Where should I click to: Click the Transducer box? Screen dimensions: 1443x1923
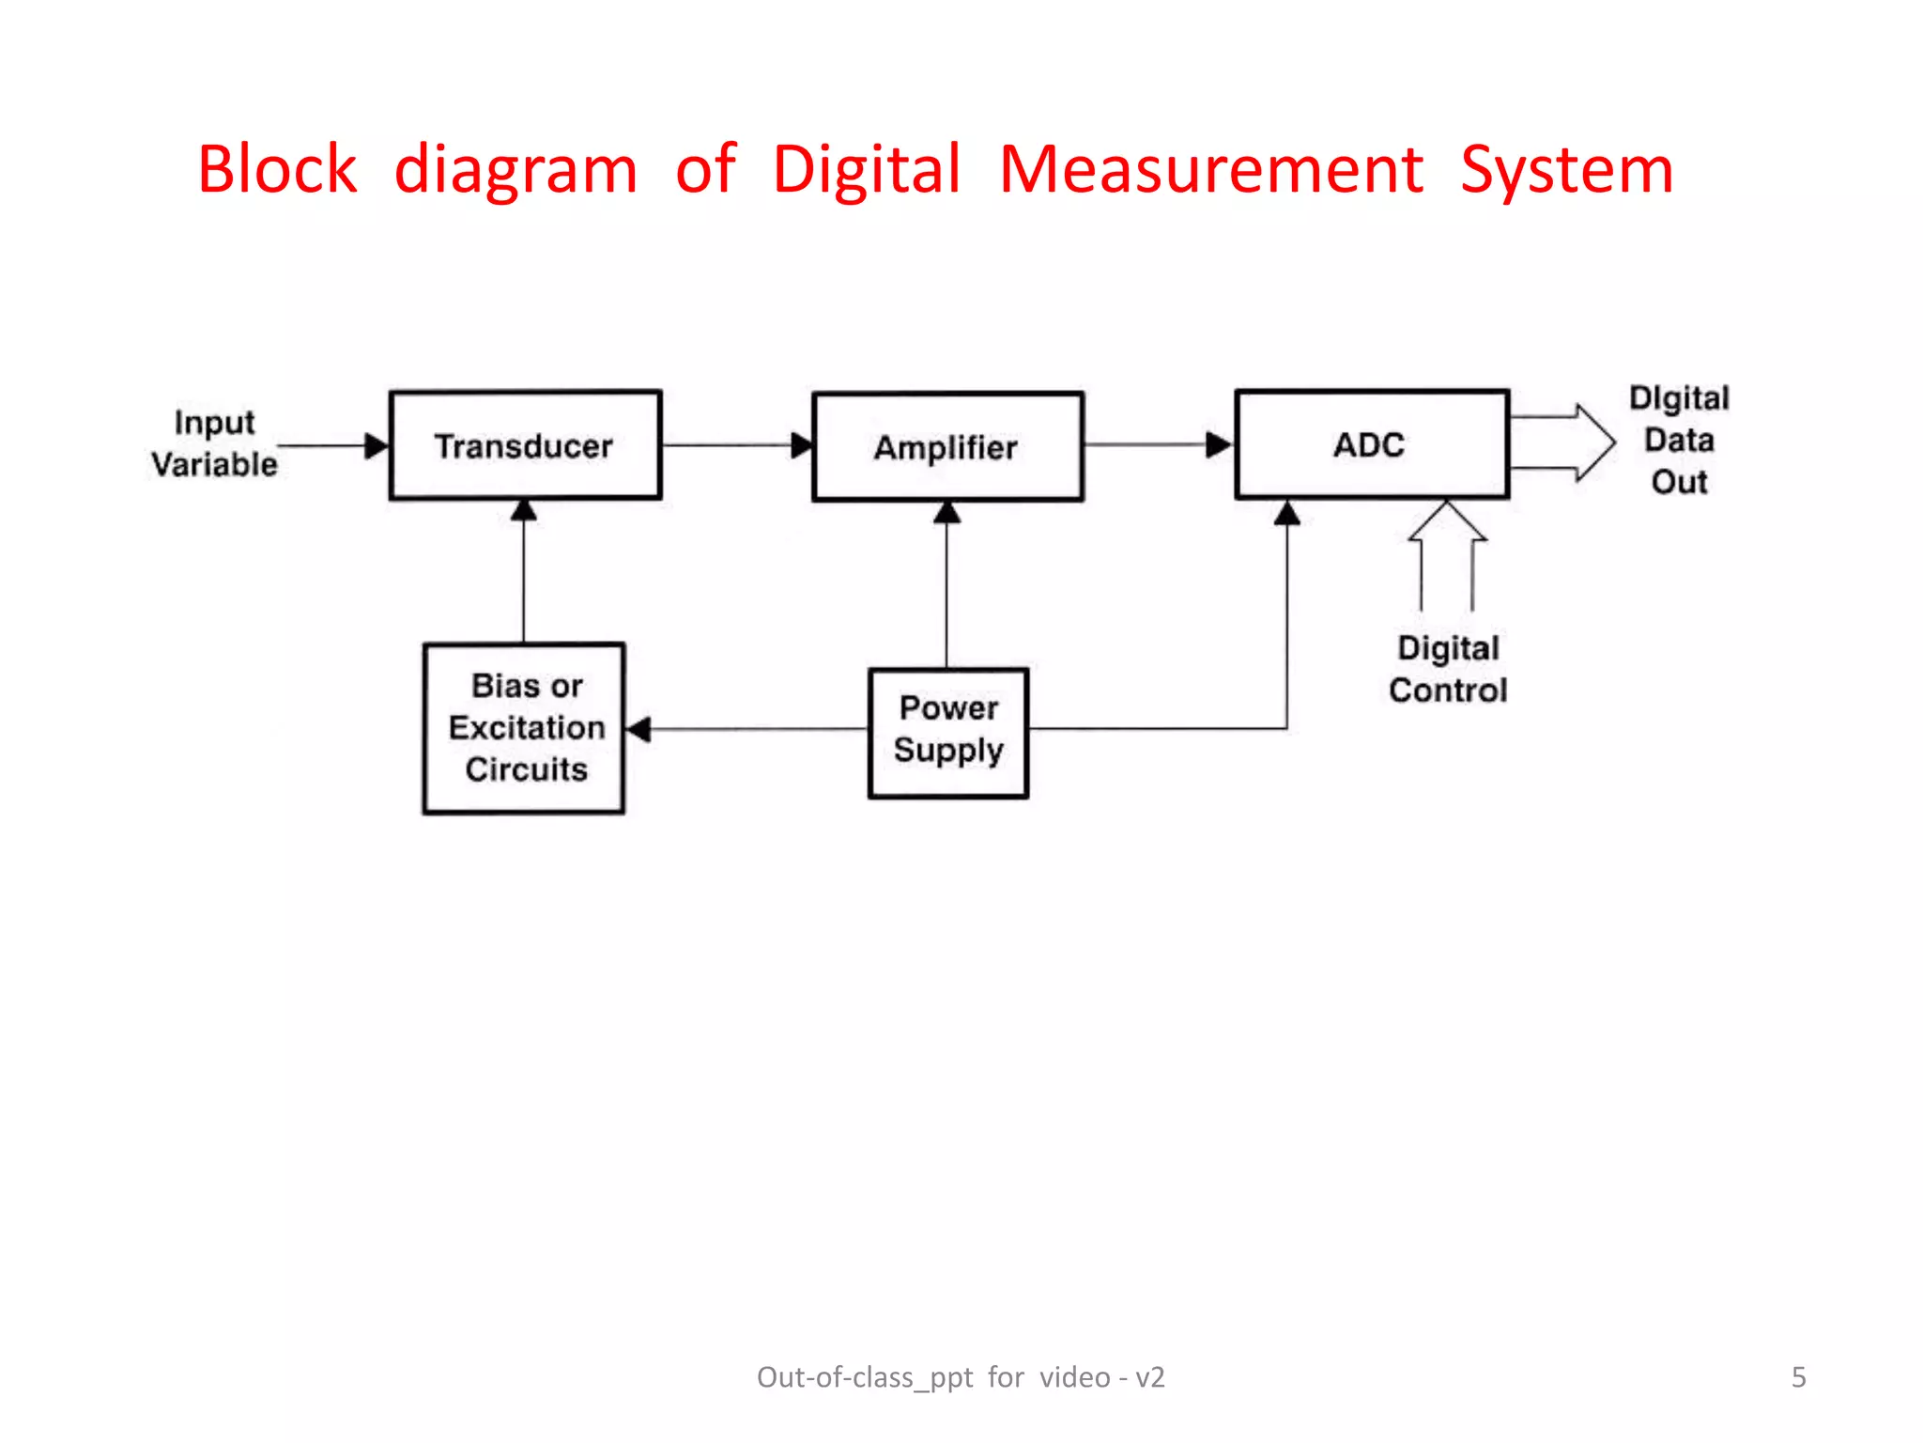tap(525, 445)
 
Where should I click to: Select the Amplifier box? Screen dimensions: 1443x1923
tap(947, 447)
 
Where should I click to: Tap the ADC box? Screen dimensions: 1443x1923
tap(1372, 444)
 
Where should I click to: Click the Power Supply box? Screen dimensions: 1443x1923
tap(948, 733)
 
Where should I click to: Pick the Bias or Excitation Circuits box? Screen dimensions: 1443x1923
tap(524, 728)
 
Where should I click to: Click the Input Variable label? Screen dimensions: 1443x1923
tap(215, 443)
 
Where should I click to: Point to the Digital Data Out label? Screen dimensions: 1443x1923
tap(1679, 440)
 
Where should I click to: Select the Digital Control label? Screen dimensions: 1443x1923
tap(1448, 670)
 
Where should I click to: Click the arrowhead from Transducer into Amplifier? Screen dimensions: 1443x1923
tap(802, 445)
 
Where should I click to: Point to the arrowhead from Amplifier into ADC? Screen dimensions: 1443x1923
tap(1218, 444)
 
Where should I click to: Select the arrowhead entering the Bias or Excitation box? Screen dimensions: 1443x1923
tap(638, 729)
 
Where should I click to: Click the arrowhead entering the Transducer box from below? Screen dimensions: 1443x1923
tap(524, 510)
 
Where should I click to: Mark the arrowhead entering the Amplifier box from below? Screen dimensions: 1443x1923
tap(947, 512)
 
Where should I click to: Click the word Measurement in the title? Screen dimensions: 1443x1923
tap(1210, 170)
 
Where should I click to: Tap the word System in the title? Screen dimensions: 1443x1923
tap(1566, 170)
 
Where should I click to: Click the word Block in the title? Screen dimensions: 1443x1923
tap(277, 170)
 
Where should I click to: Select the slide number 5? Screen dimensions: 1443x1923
tap(1798, 1377)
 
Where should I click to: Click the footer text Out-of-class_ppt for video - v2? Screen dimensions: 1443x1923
tap(961, 1377)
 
